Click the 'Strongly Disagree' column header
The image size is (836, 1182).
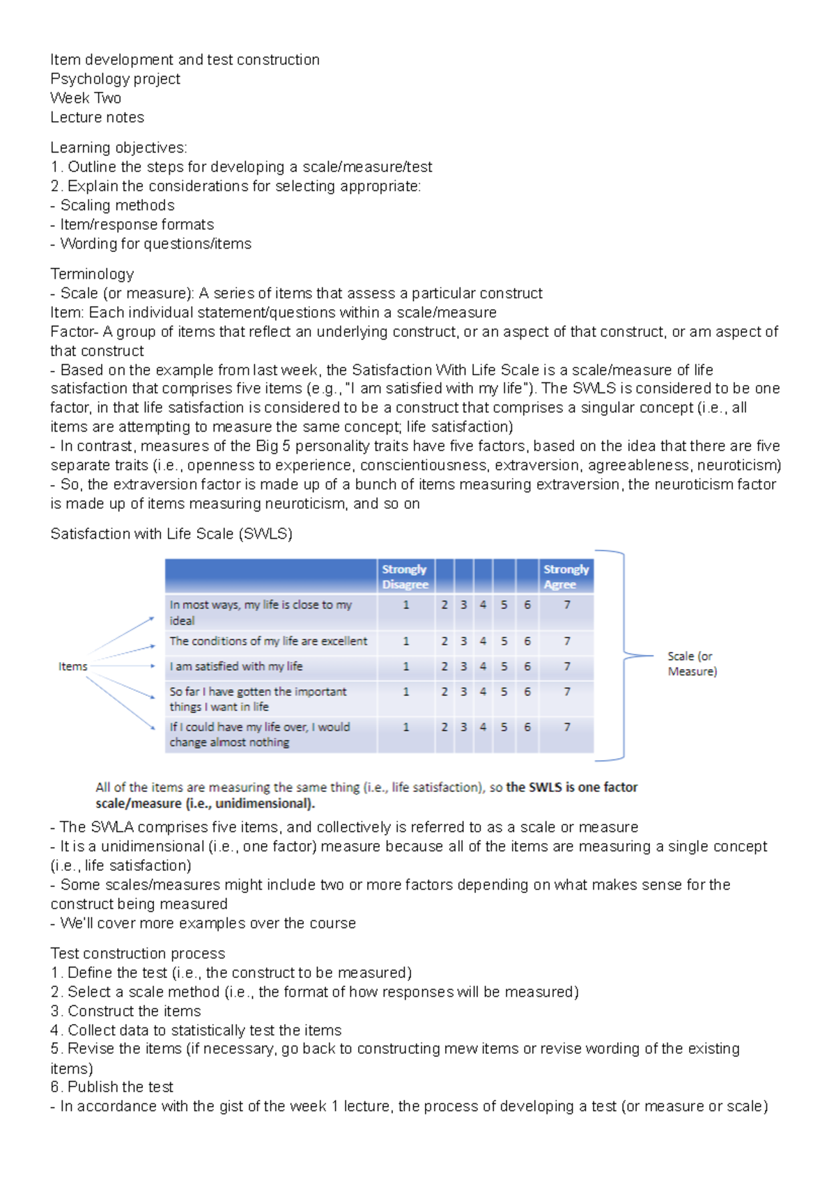coord(405,576)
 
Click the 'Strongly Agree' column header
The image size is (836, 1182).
coord(566,576)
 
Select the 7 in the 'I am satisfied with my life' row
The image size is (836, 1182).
coord(567,666)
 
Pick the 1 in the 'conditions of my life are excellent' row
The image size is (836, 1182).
coord(406,640)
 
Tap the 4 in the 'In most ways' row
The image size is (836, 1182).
coord(483,604)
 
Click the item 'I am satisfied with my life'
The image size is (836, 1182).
coord(236,666)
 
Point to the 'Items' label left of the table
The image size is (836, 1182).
coord(72,666)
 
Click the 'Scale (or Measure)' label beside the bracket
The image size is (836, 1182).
coord(691,663)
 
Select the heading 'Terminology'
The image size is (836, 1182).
coord(92,274)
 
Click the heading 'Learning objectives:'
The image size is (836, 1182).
coord(118,148)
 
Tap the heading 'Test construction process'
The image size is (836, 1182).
coord(138,953)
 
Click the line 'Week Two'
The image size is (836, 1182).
coord(86,98)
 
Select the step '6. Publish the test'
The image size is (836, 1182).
coord(111,1087)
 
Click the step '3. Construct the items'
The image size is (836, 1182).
coord(125,1011)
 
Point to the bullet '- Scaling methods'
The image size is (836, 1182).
coord(113,205)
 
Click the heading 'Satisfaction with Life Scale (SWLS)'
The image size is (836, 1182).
coord(171,534)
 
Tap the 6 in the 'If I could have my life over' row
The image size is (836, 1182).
coord(527,727)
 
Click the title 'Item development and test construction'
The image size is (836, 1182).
coord(185,60)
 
